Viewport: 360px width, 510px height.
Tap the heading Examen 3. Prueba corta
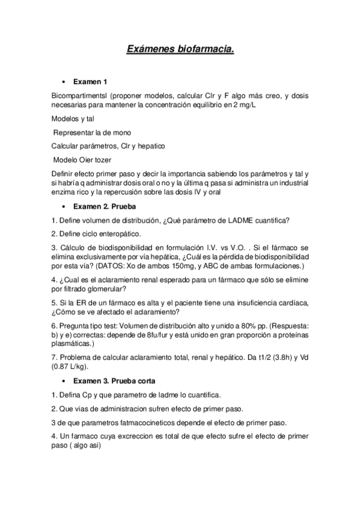118,381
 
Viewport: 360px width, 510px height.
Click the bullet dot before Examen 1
63,81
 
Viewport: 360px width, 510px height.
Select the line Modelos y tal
73,118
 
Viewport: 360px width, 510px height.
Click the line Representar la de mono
92,132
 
